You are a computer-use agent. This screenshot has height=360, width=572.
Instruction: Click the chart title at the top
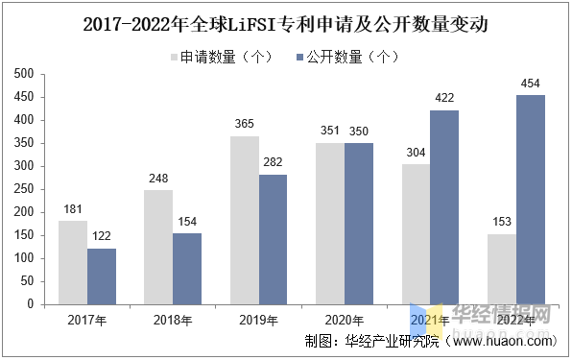tap(286, 24)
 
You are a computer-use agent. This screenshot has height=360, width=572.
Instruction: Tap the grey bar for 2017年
tap(73, 262)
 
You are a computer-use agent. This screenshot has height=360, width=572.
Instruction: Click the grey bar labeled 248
tap(158, 247)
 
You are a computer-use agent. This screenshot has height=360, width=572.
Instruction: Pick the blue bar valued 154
tap(187, 268)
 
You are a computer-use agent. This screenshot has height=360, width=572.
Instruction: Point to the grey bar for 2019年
tap(245, 220)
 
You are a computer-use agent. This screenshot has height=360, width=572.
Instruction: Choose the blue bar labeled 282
tap(273, 239)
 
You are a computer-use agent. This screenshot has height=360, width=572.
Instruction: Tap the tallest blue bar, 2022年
tap(530, 199)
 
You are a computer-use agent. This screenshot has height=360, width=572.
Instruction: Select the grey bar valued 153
tap(502, 269)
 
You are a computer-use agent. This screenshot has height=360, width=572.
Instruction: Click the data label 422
tap(444, 99)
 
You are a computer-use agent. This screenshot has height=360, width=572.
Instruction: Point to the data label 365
tap(246, 125)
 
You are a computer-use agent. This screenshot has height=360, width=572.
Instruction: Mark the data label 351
tap(330, 132)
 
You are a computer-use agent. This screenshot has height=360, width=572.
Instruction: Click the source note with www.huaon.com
tap(429, 341)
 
